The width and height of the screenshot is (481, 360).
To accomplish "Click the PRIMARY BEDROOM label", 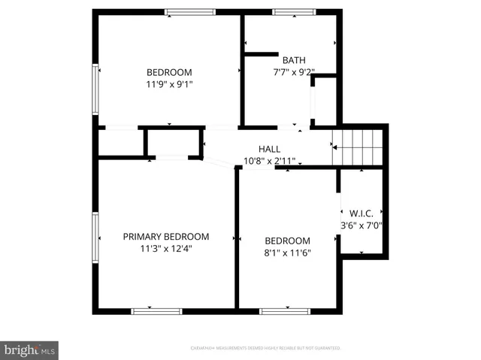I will tap(166, 236).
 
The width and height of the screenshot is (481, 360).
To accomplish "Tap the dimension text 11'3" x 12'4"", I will tap(166, 249).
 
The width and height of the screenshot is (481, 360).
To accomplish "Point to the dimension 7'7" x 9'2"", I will tap(293, 73).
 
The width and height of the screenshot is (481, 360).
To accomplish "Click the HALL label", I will tap(269, 148).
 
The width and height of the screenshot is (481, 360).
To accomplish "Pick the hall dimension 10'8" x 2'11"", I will tap(269, 161).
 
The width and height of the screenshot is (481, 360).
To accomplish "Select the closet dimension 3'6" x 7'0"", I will tap(362, 224).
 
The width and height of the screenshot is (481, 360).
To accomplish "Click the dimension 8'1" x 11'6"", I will tap(287, 253).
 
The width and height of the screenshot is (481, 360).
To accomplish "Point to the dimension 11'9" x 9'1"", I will tap(169, 85).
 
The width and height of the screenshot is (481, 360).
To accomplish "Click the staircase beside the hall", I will tap(358, 146).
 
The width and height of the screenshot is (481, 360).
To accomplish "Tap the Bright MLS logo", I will tap(30, 349).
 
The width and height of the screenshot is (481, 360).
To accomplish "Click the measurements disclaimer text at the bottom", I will tap(265, 349).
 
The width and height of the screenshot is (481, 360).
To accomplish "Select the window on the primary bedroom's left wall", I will tap(95, 237).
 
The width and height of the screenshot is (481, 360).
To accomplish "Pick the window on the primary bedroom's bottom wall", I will tap(156, 310).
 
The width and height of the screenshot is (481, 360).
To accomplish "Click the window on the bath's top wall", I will tap(293, 12).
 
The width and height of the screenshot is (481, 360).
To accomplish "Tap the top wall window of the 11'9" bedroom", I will tap(190, 12).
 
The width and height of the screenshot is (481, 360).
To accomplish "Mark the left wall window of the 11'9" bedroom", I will tap(95, 89).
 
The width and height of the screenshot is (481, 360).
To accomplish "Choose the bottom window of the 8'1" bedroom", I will tap(285, 310).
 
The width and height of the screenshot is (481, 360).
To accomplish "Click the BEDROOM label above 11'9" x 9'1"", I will tap(169, 72).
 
